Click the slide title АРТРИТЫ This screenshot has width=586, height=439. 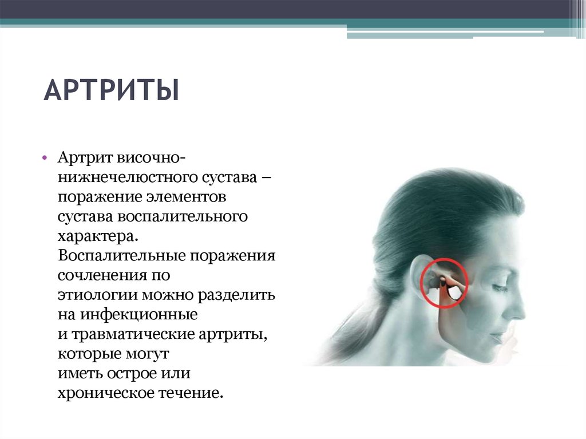(112, 90)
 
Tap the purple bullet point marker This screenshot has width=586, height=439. (45, 158)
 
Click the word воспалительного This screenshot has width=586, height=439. (183, 216)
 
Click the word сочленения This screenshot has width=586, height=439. (102, 275)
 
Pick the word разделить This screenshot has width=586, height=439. (236, 295)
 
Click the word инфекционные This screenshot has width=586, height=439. (139, 314)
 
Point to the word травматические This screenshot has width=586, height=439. (133, 334)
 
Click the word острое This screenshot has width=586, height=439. (132, 373)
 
